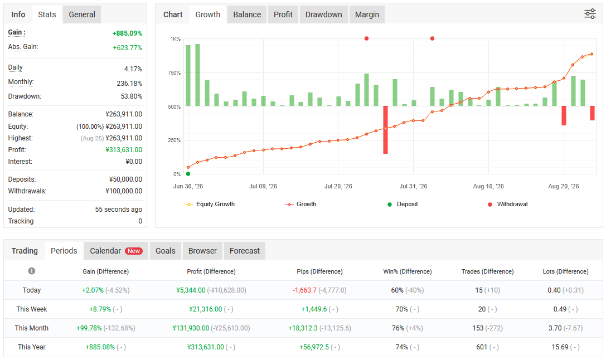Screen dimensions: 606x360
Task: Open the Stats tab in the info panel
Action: pos(47,14)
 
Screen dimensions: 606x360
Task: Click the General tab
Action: pos(81,14)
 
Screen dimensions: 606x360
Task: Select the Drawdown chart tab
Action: pos(323,14)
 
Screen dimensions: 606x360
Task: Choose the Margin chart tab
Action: pos(367,14)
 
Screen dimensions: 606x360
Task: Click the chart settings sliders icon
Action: pos(590,14)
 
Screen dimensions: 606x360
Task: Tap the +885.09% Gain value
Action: pos(127,33)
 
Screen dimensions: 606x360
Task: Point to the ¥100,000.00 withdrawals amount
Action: pos(124,191)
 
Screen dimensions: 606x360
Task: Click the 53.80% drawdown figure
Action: pos(132,96)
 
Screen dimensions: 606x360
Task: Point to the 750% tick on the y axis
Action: pos(174,72)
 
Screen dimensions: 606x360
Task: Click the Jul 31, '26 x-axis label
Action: pos(413,186)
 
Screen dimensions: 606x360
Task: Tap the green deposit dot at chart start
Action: pos(188,174)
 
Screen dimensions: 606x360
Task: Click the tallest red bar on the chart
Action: pos(385,130)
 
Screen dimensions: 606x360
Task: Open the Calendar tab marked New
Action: pos(116,251)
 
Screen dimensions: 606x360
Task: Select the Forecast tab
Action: pos(245,251)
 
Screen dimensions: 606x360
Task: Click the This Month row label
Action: pos(32,328)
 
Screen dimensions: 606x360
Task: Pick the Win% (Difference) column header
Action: pos(408,271)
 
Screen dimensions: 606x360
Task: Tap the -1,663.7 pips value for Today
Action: pos(304,290)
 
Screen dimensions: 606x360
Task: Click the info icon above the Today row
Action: pos(32,271)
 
